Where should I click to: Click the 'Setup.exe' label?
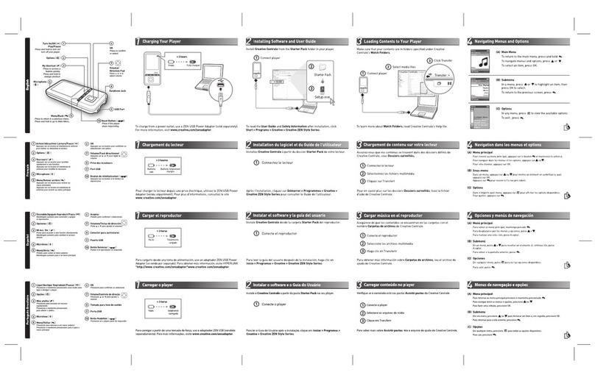coord(322,96)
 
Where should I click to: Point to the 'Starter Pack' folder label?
coord(322,76)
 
